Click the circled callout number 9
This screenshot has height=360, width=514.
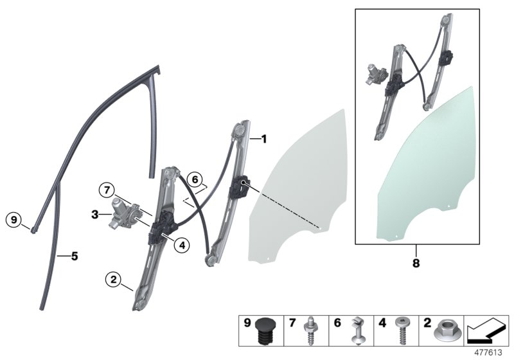[14, 220]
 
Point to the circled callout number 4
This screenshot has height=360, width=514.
[182, 244]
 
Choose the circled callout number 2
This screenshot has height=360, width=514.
[114, 280]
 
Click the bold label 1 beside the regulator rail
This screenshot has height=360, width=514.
[263, 138]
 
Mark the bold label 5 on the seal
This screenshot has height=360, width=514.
[75, 256]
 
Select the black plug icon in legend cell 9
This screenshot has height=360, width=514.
[265, 332]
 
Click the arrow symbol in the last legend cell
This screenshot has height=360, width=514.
[486, 332]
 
